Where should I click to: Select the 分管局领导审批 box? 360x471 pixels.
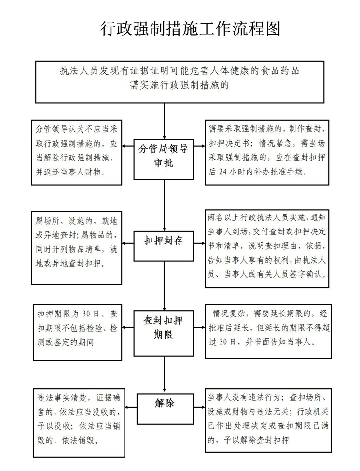pos(164,155)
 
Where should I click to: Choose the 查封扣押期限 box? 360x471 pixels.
pos(164,326)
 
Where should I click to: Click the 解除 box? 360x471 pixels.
pos(165,404)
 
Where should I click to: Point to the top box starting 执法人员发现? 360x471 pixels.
pos(180,81)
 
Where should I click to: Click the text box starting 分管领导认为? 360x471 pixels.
pos(77,152)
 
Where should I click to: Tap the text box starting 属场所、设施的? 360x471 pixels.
pos(77,247)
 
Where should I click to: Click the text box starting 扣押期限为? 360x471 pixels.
pos(77,332)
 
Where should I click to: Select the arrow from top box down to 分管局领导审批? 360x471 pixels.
pos(165,121)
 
